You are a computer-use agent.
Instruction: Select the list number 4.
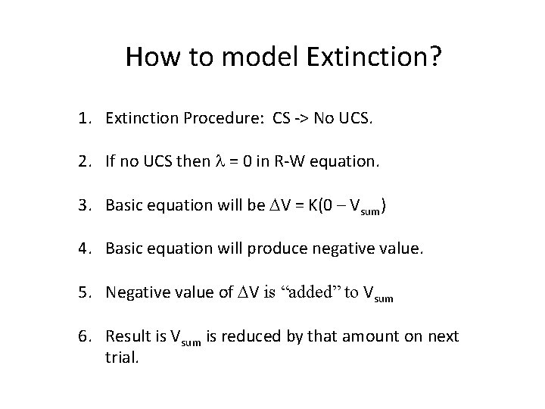(x=80, y=248)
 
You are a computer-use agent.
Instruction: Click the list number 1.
(x=80, y=118)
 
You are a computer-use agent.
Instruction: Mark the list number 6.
(x=80, y=336)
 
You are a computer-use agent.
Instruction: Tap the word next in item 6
(x=444, y=336)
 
